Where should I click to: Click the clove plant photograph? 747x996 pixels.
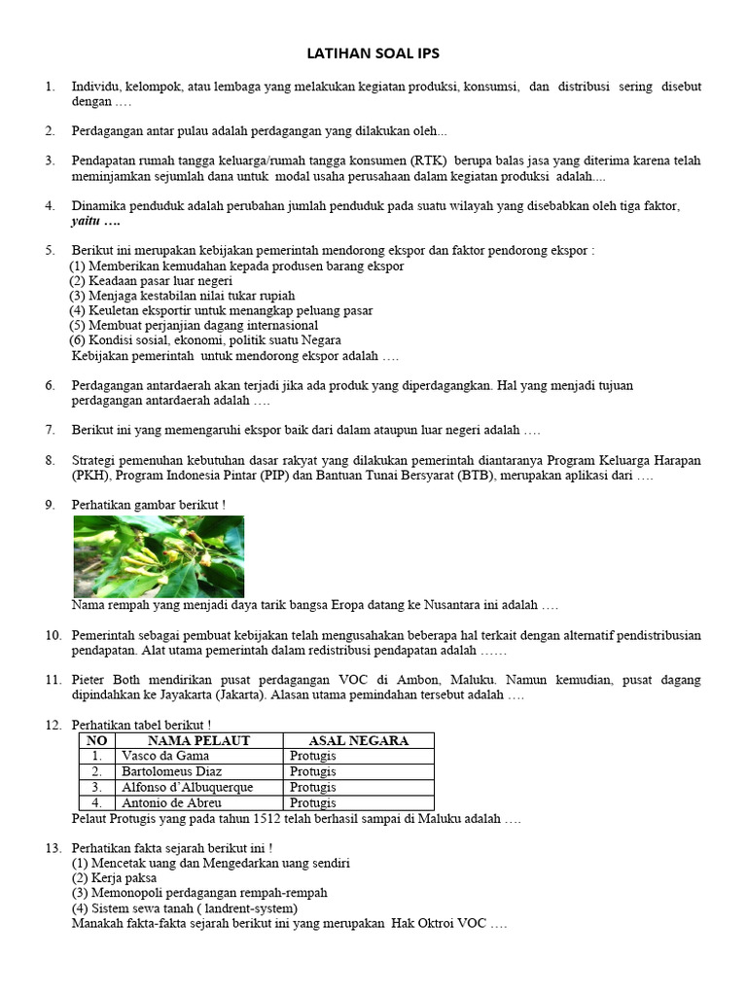(160, 556)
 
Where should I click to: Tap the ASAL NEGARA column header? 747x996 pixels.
(358, 741)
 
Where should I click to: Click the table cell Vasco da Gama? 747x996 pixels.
(165, 756)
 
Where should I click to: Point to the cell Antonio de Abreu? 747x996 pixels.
(171, 802)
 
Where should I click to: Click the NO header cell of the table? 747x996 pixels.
(96, 741)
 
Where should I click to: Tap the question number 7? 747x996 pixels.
(50, 430)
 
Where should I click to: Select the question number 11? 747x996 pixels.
(53, 679)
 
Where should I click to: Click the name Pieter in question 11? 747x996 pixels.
(90, 679)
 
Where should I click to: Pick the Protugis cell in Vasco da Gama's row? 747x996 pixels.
(312, 756)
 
